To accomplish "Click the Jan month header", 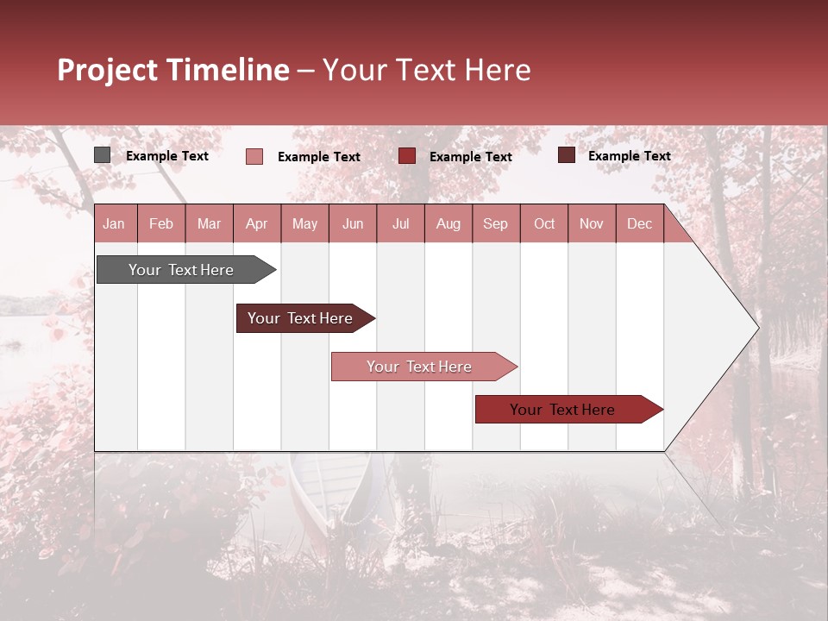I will pos(114,223).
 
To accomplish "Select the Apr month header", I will pos(256,223).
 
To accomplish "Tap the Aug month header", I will pos(448,223).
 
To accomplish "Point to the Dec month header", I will pos(639,223).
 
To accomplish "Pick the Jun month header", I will pos(352,223).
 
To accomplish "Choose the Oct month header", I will pos(543,223).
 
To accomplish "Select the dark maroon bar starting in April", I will pos(302,318).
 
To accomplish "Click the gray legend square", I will pos(103,155).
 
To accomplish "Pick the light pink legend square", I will pos(254,156).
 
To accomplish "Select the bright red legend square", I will pos(407,155).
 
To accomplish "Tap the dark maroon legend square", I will pos(567,155).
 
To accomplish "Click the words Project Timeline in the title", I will pos(172,70).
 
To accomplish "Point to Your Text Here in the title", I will pos(426,70).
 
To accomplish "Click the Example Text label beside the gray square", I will pos(167,156).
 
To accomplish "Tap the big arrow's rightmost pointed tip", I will pos(757,328).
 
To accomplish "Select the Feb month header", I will pos(160,223).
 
